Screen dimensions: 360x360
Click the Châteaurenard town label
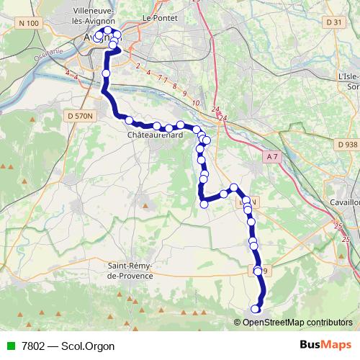154,135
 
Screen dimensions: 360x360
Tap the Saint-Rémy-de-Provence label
136,271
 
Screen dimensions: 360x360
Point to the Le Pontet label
159,17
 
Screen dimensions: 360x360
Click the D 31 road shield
334,22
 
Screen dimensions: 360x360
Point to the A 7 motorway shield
271,156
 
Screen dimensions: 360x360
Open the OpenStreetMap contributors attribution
297,322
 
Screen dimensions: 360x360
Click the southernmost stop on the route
254,310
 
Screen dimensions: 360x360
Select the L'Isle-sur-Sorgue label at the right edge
348,80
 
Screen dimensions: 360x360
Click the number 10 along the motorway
195,103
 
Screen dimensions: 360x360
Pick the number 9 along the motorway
184,94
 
